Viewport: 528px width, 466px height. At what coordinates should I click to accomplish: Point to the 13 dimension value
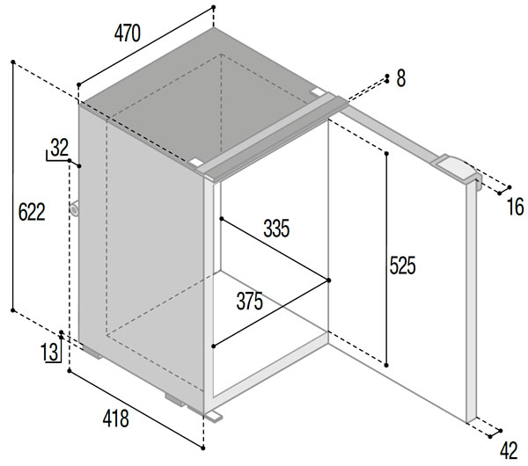point(50,353)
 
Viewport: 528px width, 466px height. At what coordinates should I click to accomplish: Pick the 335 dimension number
point(275,229)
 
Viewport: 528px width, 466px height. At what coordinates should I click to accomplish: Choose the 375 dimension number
point(249,301)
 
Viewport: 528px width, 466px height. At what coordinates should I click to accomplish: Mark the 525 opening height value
point(402,264)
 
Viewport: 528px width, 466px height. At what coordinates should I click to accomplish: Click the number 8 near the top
point(400,79)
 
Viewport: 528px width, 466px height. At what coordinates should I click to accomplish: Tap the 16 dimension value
point(515,208)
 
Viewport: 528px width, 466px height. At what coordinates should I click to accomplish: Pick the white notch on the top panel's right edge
point(318,90)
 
